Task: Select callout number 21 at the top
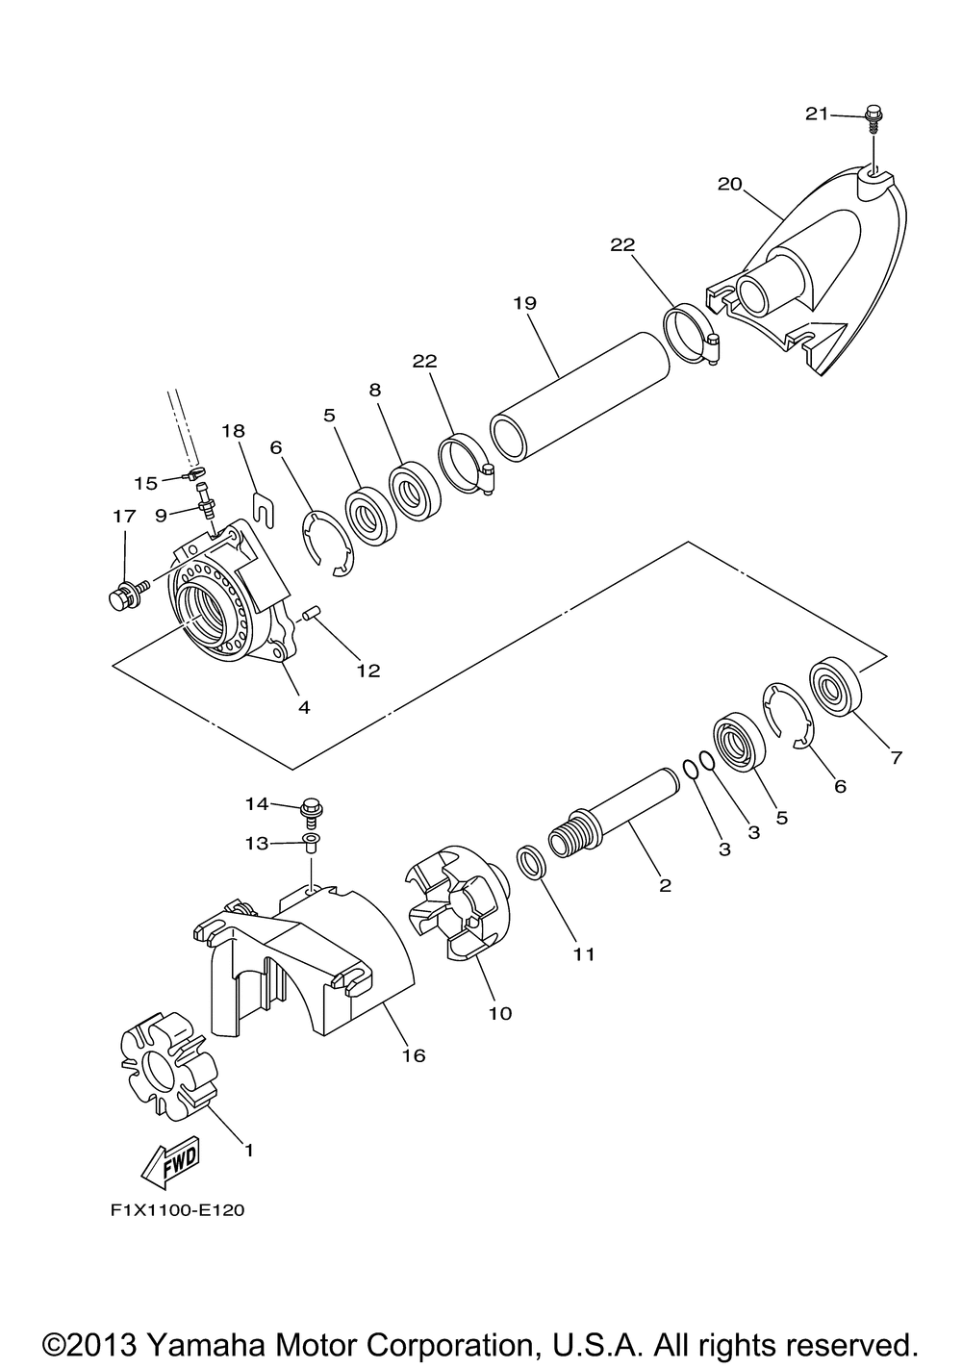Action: pos(816,114)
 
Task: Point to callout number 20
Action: pos(730,184)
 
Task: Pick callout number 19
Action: pos(524,303)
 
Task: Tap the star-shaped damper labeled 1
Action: pos(169,1067)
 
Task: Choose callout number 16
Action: pos(414,1054)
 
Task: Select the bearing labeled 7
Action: pos(835,685)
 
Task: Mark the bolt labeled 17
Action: pos(128,592)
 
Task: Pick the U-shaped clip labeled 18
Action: pos(264,510)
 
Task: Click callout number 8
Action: pos(375,390)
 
